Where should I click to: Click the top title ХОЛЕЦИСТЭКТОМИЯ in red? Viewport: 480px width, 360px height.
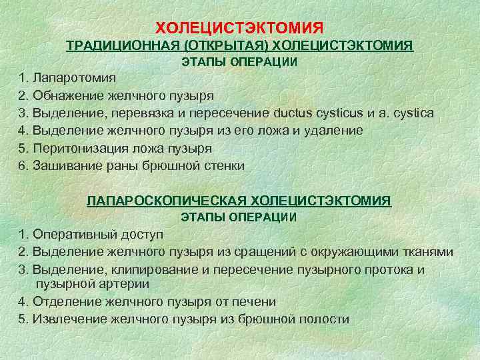239,28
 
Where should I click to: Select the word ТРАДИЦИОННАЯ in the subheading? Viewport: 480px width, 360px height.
125,45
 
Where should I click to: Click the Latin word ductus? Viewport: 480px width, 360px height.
301,113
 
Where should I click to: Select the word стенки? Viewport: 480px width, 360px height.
226,166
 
